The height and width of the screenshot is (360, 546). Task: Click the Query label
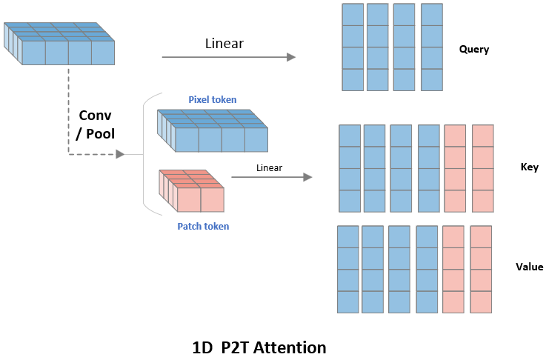[474, 50]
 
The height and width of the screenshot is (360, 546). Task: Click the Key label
[529, 167]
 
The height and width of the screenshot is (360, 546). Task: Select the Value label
[529, 267]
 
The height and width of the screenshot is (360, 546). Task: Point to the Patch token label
[203, 226]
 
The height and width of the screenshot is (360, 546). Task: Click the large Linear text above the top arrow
[224, 44]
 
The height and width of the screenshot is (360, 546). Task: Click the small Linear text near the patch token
[269, 168]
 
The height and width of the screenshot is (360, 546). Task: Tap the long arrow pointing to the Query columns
[228, 57]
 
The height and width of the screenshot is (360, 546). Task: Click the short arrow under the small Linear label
[271, 177]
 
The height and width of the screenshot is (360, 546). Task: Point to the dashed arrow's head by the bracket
[119, 154]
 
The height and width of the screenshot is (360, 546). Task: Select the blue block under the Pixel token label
[212, 131]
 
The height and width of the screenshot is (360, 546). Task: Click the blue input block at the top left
[59, 42]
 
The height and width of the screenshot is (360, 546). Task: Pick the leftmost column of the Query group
[353, 47]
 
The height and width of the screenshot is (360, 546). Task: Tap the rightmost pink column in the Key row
[482, 168]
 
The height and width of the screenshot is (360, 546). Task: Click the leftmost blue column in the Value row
[347, 269]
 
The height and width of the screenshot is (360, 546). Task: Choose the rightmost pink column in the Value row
[482, 269]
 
